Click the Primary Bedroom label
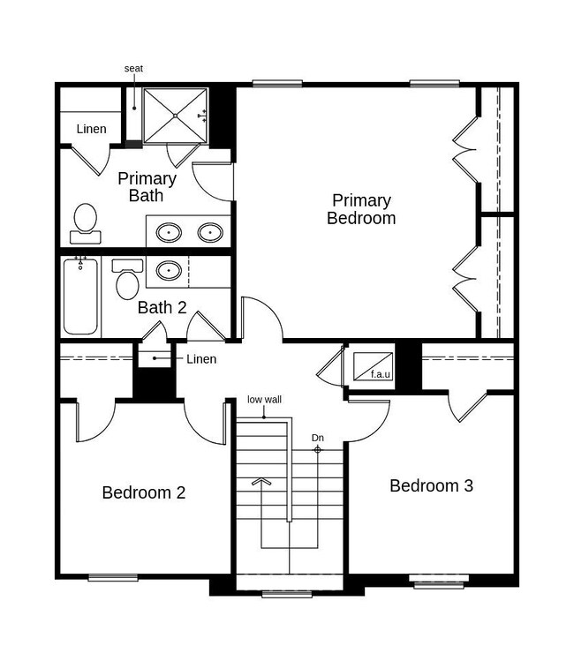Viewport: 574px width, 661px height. coord(361,209)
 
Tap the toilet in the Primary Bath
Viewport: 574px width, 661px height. coord(86,223)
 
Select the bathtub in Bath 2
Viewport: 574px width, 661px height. coord(80,297)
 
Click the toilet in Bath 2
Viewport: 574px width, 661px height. coord(127,279)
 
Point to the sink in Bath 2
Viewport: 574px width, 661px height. coord(169,270)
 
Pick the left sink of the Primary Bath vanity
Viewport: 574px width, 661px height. coord(170,232)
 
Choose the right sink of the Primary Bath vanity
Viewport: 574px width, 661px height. coord(210,232)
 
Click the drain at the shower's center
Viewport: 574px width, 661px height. coord(175,116)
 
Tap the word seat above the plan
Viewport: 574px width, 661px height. coord(133,68)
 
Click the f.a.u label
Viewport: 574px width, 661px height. coord(381,374)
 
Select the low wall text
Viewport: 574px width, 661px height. coord(264,399)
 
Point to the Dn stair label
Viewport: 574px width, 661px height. coord(318,438)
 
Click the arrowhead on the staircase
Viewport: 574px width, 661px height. coord(261,482)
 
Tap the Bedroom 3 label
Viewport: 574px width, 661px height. coord(431,485)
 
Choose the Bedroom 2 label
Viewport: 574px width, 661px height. coord(144,492)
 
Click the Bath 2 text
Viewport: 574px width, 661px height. coord(162,307)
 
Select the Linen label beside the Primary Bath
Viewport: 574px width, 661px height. coord(91,129)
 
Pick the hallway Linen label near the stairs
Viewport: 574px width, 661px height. coord(201,359)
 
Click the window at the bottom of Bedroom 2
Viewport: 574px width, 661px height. coord(113,577)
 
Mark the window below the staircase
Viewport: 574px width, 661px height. coord(287,594)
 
